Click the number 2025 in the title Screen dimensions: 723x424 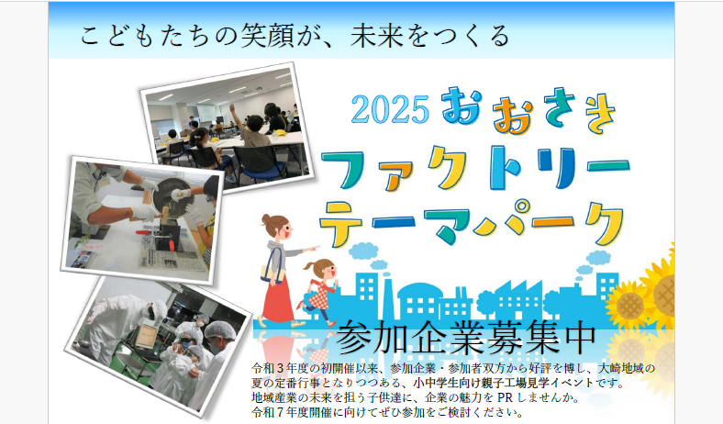390,109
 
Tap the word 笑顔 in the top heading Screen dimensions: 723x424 267,36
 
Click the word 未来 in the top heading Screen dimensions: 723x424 377,36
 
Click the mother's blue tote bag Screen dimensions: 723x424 273,267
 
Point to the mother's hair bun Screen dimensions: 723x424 266,219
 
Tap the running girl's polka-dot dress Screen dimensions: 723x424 319,296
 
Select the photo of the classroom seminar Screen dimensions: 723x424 227,127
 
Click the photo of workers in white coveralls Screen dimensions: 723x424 158,344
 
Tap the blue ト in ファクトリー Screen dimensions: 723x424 504,166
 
